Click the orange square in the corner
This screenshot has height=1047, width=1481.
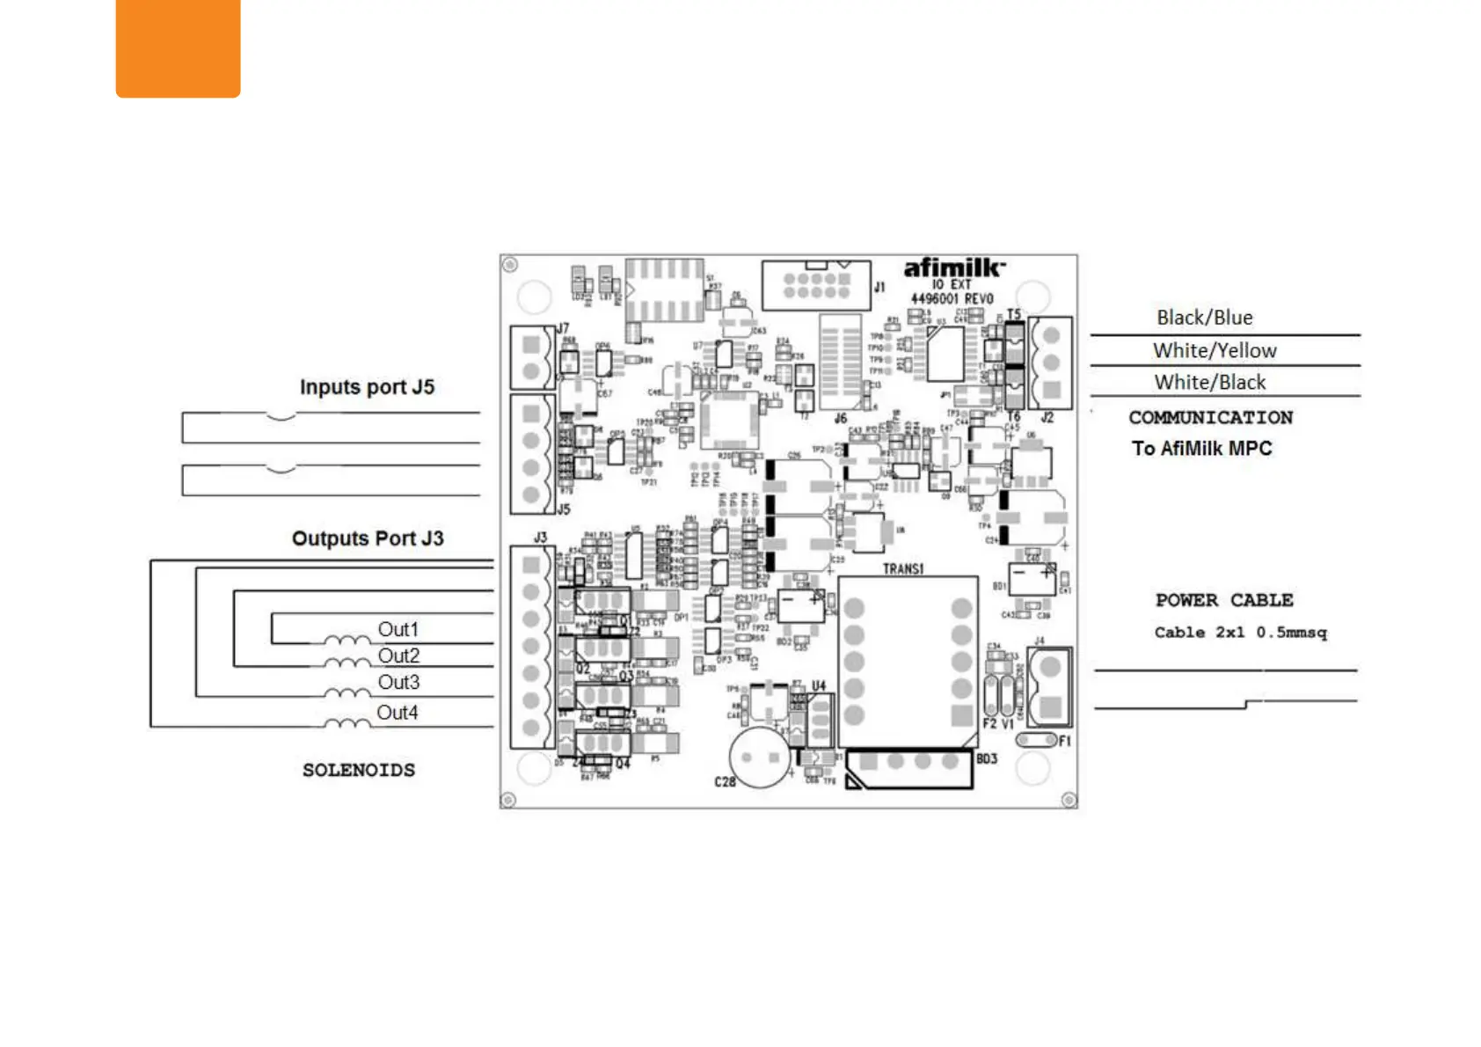tap(178, 48)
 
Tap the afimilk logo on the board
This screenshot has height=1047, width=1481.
tap(953, 267)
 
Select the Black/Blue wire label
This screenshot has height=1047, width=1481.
tap(1204, 318)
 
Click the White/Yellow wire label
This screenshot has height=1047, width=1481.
tap(1215, 350)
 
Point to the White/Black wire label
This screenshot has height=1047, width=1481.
tap(1210, 382)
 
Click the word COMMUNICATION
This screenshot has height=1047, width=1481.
tap(1210, 417)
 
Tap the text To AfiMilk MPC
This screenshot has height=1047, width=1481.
tap(1201, 448)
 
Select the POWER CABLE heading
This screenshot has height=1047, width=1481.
tap(1223, 600)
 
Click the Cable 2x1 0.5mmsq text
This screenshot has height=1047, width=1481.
tap(1240, 632)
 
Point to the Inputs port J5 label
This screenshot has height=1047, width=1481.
tap(367, 387)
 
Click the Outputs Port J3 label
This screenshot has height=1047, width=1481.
tap(368, 538)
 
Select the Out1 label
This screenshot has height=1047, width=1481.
tap(398, 629)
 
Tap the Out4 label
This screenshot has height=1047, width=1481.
tap(398, 712)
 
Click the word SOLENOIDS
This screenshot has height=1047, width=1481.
tap(359, 770)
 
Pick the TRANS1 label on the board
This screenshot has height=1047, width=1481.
tap(903, 568)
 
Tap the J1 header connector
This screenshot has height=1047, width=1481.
tap(816, 285)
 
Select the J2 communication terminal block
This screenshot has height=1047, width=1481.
tap(1050, 362)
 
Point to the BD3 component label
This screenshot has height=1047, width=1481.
tap(987, 758)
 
